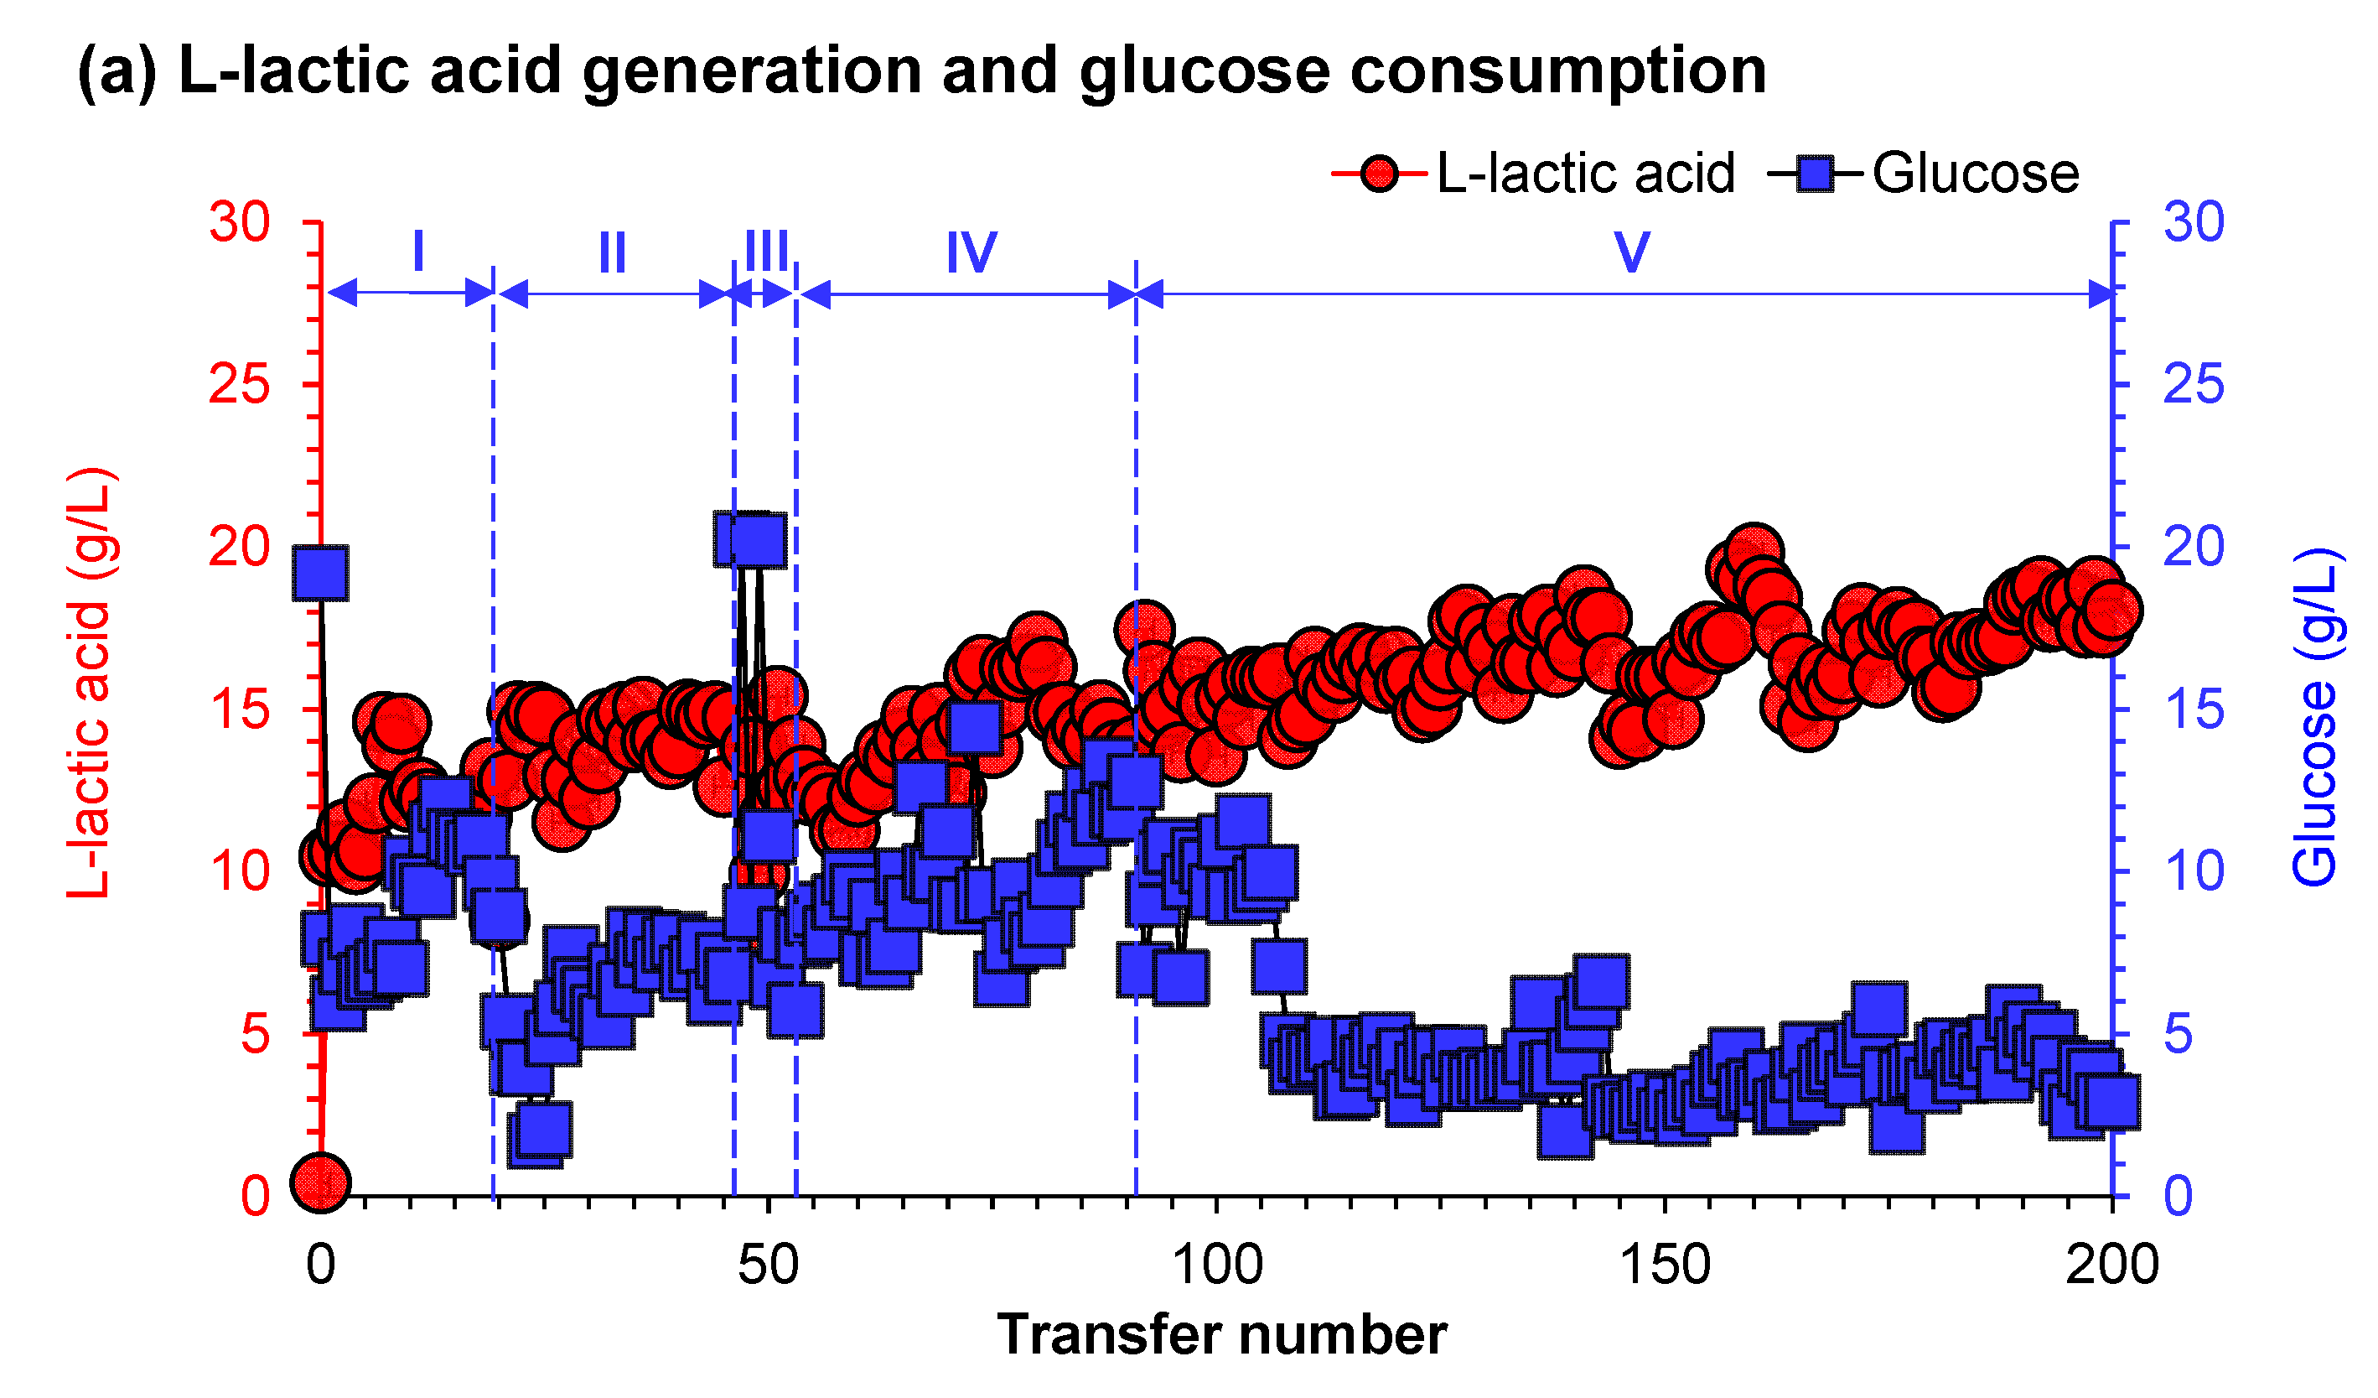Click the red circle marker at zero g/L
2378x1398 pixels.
321,1181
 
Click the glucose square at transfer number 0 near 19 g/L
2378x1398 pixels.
321,572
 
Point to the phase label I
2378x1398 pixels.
418,252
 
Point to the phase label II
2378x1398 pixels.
613,252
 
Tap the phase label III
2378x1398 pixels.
766,252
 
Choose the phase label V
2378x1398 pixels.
1630,252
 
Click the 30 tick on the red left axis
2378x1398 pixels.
240,223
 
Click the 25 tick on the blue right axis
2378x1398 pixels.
2192,385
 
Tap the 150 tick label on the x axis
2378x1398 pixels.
1665,1265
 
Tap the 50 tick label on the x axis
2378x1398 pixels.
768,1265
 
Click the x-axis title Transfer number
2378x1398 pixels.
1221,1336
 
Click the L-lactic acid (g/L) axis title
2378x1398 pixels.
91,682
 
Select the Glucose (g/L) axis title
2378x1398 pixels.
2316,717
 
